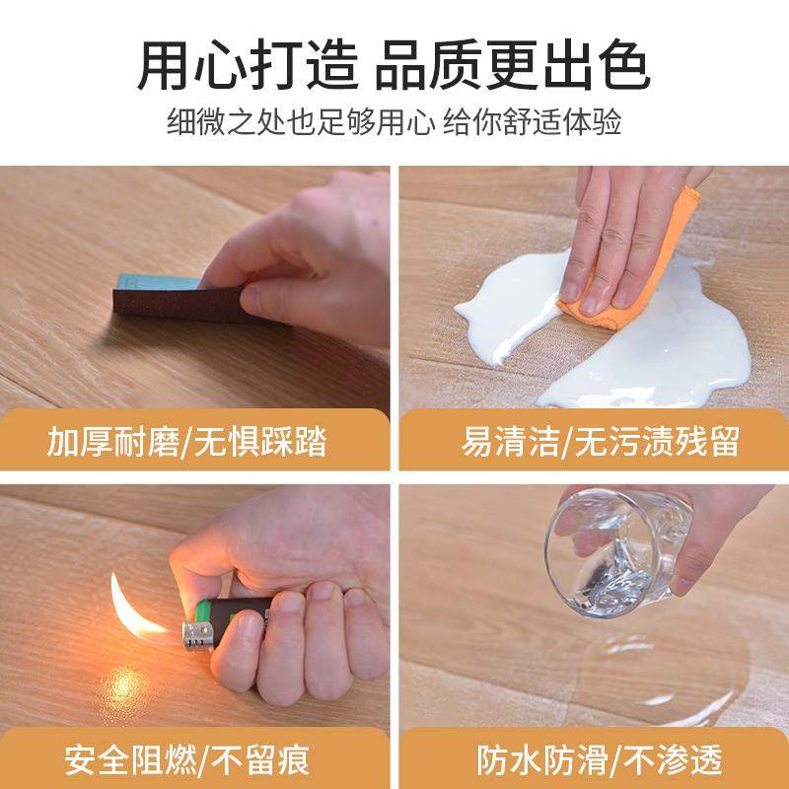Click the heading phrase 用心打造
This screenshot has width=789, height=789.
coord(249,67)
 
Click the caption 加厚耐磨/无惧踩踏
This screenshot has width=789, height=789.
coord(187,442)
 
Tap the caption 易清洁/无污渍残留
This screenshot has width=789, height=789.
coord(600,442)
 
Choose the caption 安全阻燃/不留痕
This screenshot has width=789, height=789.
coord(187,759)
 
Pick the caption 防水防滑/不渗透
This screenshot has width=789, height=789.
coord(600,759)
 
